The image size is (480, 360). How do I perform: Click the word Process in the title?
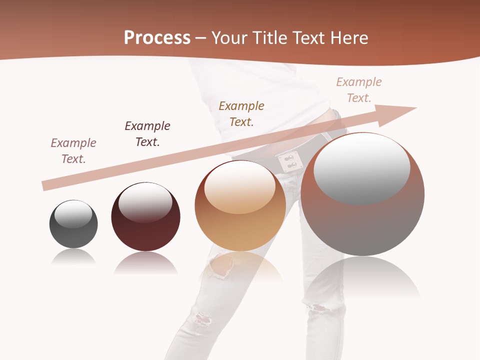pyautogui.click(x=157, y=38)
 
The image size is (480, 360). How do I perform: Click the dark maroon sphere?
pyautogui.click(x=145, y=217)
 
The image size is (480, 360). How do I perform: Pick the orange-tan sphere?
pyautogui.click(x=240, y=206)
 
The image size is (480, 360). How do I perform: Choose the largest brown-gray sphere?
pyautogui.click(x=362, y=194)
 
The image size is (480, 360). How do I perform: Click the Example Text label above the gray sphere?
pyautogui.click(x=73, y=151)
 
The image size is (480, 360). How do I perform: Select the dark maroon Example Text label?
pyautogui.click(x=147, y=134)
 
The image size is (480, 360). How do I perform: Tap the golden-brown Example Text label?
pyautogui.click(x=241, y=114)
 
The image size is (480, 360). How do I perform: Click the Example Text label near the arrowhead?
pyautogui.click(x=359, y=90)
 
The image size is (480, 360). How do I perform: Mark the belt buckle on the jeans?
pyautogui.click(x=289, y=162)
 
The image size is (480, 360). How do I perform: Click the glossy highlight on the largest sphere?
pyautogui.click(x=361, y=167)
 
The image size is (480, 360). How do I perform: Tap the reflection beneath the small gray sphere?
pyautogui.click(x=73, y=257)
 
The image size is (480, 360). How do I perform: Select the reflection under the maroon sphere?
pyautogui.click(x=145, y=263)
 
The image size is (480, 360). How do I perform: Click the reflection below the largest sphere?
pyautogui.click(x=362, y=278)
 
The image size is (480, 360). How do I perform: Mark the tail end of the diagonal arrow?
pyautogui.click(x=45, y=186)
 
